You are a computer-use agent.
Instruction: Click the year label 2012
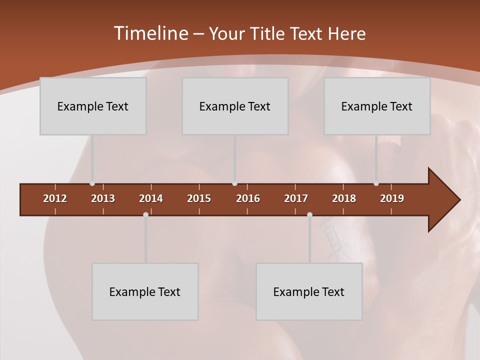(55, 198)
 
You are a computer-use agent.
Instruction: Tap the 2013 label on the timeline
(103, 198)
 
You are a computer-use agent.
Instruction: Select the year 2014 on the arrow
(151, 198)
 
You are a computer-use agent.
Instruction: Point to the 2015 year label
(199, 198)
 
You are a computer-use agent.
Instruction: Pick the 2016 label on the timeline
(248, 198)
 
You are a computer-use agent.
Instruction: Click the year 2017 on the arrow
(296, 198)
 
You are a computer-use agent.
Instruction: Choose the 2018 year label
(344, 198)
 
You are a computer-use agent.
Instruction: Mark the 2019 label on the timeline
(392, 198)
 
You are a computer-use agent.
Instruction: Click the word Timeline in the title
(150, 33)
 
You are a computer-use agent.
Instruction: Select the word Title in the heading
(269, 33)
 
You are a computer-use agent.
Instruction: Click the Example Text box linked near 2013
(93, 106)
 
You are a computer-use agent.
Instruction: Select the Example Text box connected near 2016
(235, 106)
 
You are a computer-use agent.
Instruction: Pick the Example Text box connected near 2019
(377, 106)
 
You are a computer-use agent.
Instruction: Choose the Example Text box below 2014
(145, 291)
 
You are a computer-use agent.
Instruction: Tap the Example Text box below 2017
(309, 291)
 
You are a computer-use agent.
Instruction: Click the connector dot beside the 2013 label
(92, 183)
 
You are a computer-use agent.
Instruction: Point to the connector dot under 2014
(145, 215)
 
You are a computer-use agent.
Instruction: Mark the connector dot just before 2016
(235, 183)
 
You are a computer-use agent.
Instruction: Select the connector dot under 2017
(309, 215)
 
